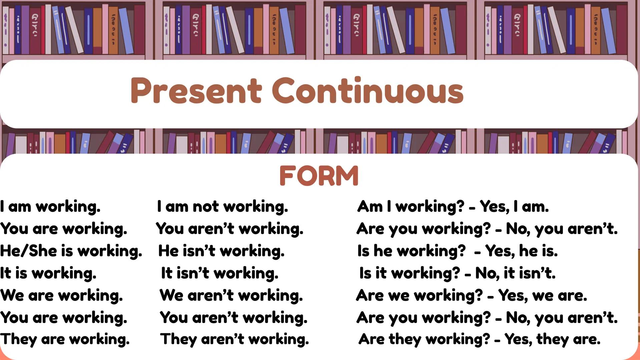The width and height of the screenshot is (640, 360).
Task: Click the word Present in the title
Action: (196, 90)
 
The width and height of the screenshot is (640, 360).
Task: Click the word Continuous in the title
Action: (368, 90)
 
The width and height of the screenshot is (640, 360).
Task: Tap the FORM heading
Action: (319, 176)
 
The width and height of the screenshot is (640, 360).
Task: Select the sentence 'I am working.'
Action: (50, 207)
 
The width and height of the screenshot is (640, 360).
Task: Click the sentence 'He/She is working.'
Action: (71, 251)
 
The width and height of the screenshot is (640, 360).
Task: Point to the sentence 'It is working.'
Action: (48, 273)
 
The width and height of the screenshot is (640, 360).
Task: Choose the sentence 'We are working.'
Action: (61, 295)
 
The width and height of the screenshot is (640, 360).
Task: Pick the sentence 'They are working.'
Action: (65, 339)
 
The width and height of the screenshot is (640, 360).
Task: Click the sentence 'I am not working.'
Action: (222, 207)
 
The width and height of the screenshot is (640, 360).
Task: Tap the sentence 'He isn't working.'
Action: (221, 251)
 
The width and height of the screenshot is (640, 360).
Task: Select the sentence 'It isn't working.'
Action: (220, 273)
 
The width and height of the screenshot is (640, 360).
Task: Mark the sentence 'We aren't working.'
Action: (231, 295)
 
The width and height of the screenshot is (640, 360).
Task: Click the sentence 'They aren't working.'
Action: (234, 339)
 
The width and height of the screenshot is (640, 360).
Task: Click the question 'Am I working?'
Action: (411, 207)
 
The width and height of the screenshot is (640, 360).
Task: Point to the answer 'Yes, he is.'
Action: (521, 251)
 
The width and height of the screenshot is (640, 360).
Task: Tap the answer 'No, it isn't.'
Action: (515, 273)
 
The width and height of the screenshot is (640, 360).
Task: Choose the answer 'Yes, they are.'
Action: (552, 339)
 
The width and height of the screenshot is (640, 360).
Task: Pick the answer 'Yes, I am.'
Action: (514, 207)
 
